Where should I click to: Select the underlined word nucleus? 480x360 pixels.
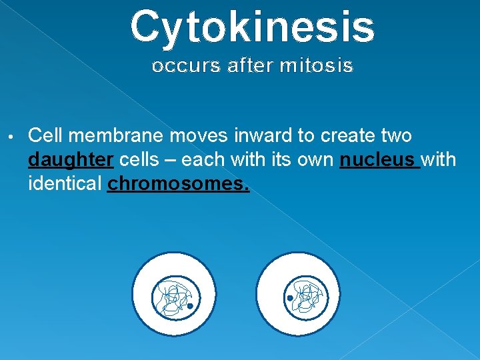(379, 160)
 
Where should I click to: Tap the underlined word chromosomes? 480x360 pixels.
(178, 183)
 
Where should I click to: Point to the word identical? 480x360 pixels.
(65, 183)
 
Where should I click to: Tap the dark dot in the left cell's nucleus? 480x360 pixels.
(190, 306)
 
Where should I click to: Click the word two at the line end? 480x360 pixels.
(395, 136)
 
